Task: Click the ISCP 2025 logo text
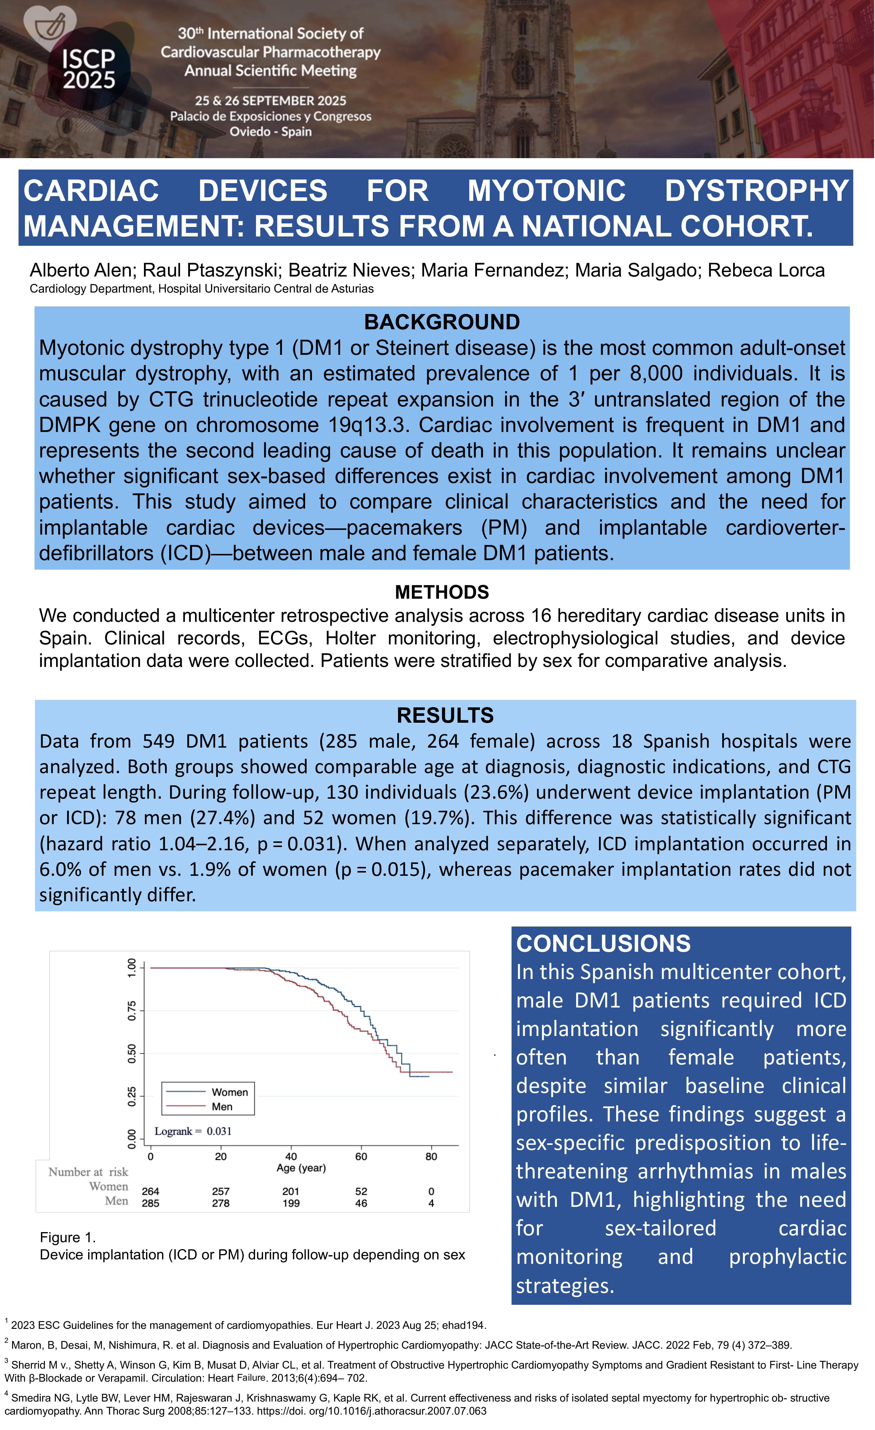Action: (89, 69)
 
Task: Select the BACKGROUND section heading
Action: (442, 322)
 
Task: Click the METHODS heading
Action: (442, 592)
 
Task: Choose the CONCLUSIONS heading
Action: (603, 944)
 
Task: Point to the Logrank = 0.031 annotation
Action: (193, 1131)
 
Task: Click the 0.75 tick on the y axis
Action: (132, 1010)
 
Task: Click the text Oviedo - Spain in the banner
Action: (271, 132)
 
